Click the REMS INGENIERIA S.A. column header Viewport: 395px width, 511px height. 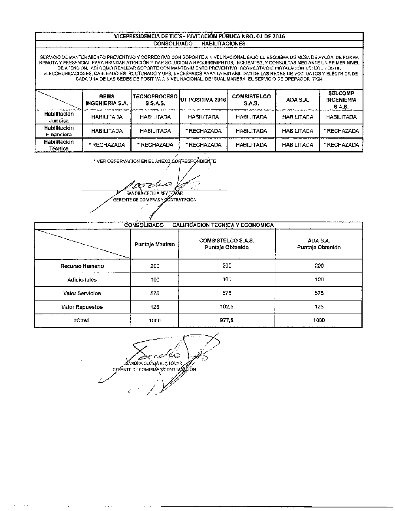tap(107, 100)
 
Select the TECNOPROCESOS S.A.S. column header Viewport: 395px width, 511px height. tap(155, 100)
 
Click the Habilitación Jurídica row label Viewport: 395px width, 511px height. tap(59, 117)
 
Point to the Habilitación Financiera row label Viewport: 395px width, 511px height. tap(59, 131)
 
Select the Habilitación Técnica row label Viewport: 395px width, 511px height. tap(59, 145)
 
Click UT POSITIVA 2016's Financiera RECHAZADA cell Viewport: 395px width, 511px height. tap(203, 131)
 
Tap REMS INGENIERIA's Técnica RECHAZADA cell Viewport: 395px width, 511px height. tap(107, 145)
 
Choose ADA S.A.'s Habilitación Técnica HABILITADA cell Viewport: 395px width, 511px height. tap(298, 145)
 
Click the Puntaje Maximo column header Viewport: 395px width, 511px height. tap(154, 244)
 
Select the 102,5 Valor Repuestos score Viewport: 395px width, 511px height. tap(227, 307)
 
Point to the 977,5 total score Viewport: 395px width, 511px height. tap(227, 321)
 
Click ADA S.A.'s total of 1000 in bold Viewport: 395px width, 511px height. tap(319, 321)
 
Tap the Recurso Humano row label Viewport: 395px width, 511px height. tap(82, 266)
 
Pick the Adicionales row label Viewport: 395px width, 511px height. tap(82, 280)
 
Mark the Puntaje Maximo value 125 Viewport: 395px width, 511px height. tap(154, 307)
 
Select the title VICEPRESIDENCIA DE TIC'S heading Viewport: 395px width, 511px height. tap(199, 36)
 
